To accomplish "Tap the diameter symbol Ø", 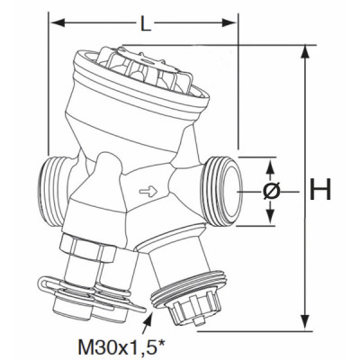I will [x=272, y=191].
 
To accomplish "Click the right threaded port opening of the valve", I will [x=224, y=188].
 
